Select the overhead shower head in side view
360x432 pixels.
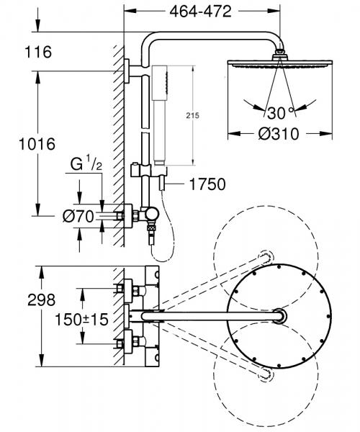pyautogui.click(x=277, y=64)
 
